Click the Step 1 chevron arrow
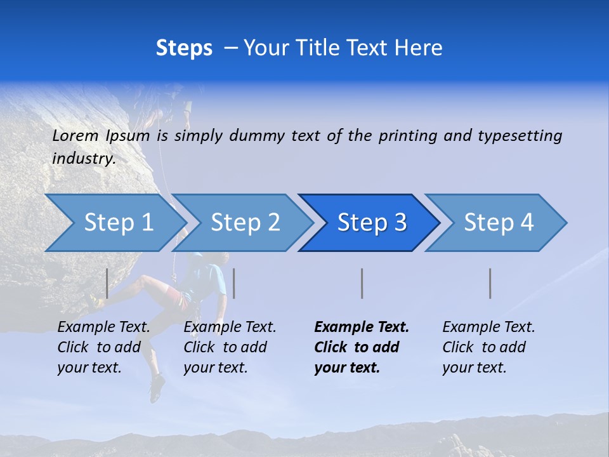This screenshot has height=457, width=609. [x=117, y=223]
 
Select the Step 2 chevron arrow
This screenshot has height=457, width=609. [x=244, y=223]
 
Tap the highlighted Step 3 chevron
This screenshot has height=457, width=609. [x=371, y=223]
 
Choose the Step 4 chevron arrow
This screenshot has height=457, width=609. [x=498, y=223]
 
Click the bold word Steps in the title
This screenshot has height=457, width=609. [x=184, y=48]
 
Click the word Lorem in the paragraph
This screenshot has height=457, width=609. [x=75, y=135]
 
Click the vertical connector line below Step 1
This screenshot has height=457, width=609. [x=107, y=283]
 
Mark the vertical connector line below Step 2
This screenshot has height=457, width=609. [x=234, y=283]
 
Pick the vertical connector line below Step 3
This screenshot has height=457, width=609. [x=362, y=283]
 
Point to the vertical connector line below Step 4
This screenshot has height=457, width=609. [x=490, y=283]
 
